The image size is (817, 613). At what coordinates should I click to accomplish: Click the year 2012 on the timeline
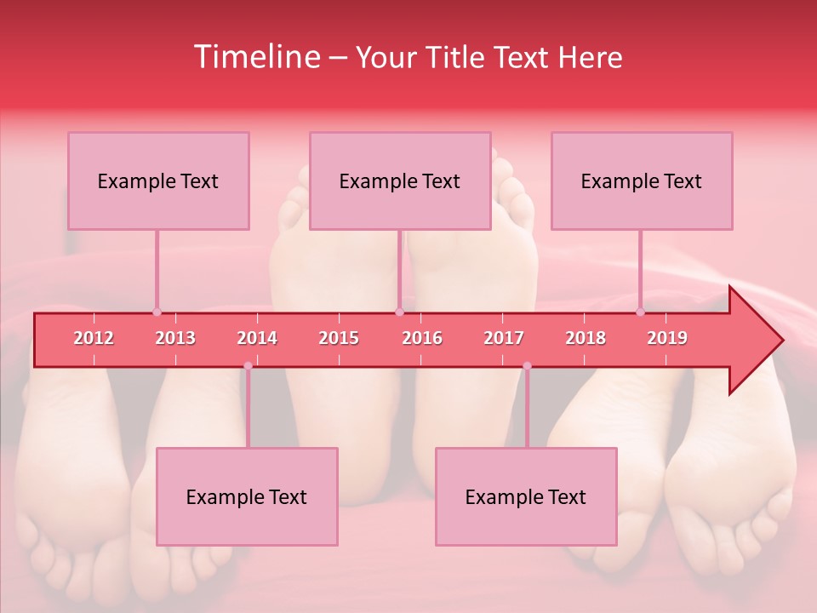94,338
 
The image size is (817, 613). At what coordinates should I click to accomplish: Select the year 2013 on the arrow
175,338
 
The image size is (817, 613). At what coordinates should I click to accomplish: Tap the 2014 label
257,338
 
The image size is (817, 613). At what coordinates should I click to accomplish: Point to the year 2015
339,338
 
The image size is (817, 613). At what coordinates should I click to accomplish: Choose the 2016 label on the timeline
422,338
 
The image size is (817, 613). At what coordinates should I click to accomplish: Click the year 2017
504,338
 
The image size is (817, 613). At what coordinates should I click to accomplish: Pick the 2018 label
586,338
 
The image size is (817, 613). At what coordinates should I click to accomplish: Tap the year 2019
667,338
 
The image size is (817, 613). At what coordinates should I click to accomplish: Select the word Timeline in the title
256,57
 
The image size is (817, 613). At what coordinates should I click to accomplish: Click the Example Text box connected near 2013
158,180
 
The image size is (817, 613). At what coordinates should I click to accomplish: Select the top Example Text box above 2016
400,180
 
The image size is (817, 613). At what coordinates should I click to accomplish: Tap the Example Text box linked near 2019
642,180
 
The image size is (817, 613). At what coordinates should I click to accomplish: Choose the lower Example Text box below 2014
247,496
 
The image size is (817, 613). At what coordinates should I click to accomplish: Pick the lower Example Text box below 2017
526,496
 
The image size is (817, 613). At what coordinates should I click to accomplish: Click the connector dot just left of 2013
157,312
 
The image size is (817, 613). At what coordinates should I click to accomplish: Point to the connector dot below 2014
248,366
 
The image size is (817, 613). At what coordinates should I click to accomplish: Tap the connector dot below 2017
527,366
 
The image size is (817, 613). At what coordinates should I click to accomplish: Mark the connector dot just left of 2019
640,312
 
